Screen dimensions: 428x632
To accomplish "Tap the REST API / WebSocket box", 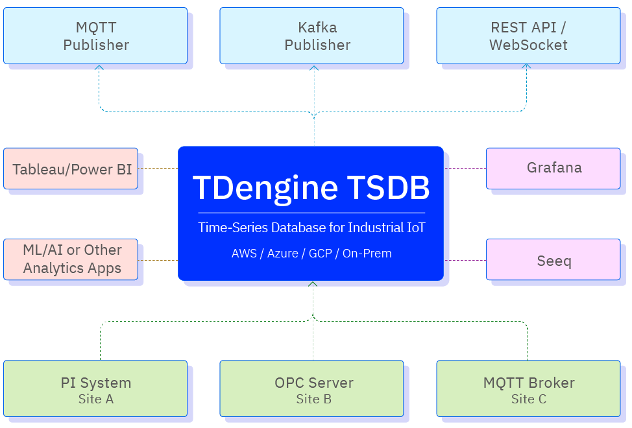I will click(x=528, y=36).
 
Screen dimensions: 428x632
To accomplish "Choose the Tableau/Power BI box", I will click(x=71, y=169).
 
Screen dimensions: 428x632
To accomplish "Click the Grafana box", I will click(x=553, y=168).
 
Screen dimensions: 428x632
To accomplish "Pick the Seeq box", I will click(x=553, y=261).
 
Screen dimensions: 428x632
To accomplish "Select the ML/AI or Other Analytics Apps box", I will click(x=71, y=259).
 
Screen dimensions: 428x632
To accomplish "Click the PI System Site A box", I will click(x=95, y=389).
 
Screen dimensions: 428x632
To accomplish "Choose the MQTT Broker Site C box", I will click(x=528, y=389).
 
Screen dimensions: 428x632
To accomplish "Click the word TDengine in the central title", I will click(x=265, y=188).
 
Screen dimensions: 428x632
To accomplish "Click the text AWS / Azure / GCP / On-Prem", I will click(x=311, y=254).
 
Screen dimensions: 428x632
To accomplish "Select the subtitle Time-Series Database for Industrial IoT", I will click(x=311, y=228).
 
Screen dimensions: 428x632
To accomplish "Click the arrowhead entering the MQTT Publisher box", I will click(x=99, y=67).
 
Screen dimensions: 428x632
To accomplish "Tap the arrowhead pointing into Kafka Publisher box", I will click(x=315, y=67).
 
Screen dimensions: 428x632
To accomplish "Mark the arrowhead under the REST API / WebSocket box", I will click(x=527, y=67).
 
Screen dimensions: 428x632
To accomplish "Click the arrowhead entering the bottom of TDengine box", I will click(x=313, y=284).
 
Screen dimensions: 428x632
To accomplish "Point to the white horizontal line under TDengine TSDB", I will click(x=311, y=213).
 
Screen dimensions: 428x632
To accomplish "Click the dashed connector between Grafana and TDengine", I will click(x=466, y=168).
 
